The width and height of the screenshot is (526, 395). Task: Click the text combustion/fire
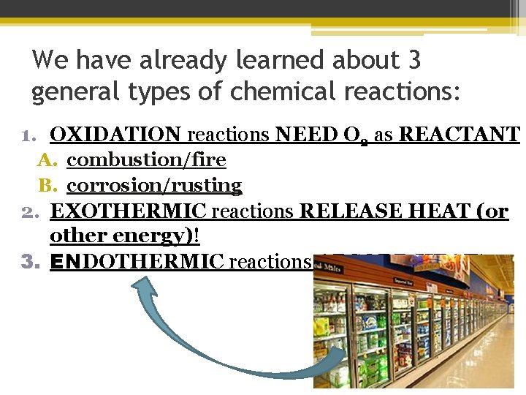pos(146,159)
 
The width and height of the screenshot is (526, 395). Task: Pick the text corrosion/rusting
pos(154,185)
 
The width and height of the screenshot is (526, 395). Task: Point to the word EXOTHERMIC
pos(129,211)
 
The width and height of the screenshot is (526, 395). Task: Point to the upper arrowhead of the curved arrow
pos(142,289)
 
